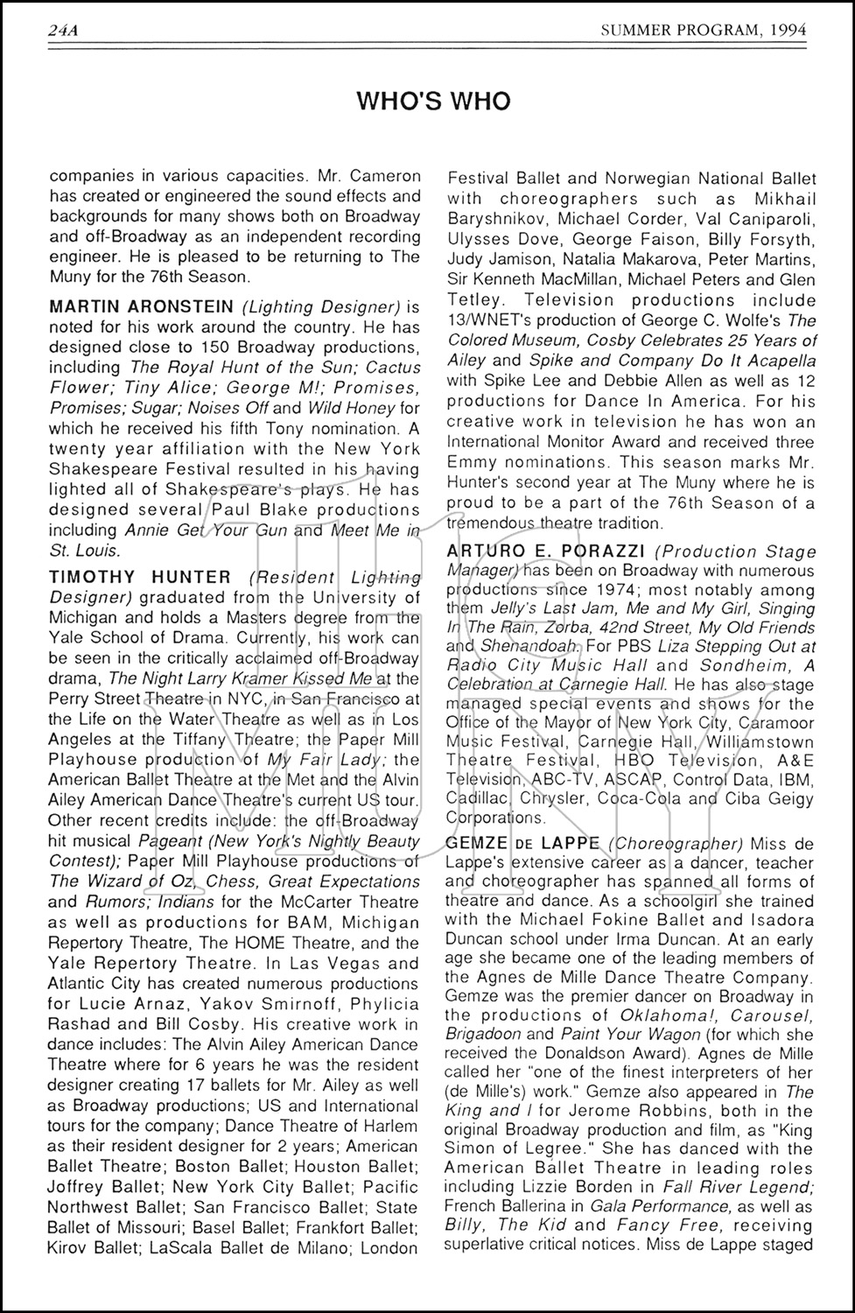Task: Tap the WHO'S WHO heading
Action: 433,102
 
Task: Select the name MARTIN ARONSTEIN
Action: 141,306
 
